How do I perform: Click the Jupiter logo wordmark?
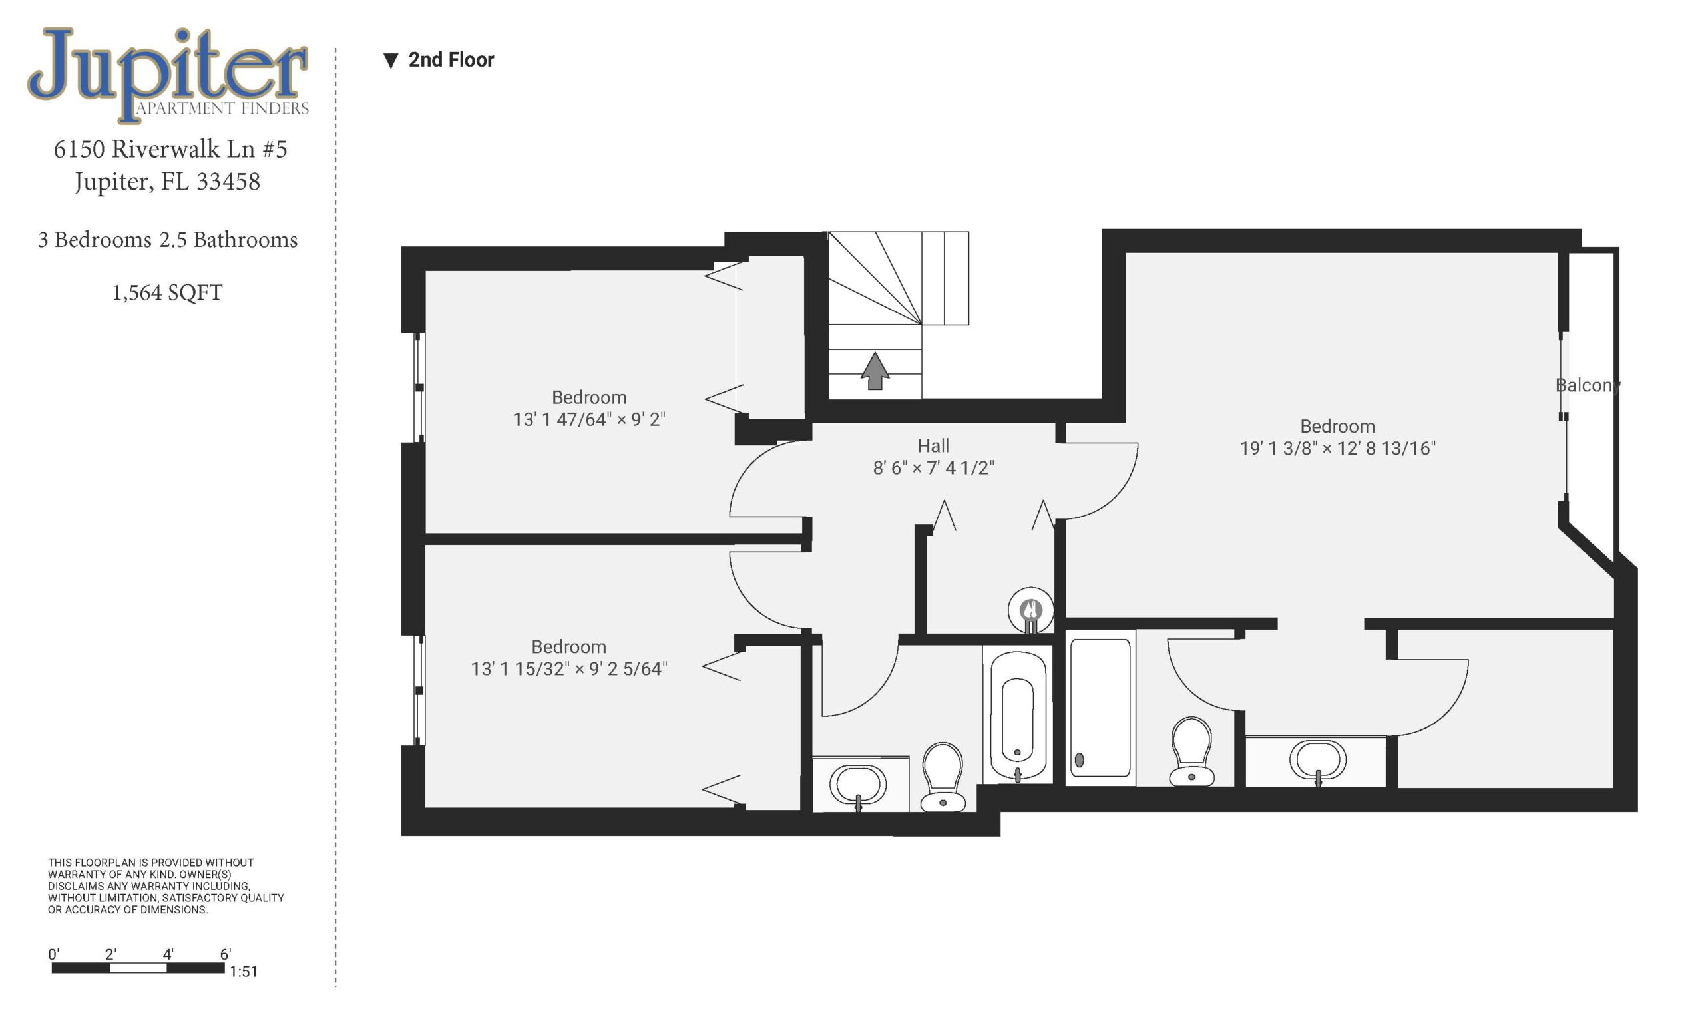click(x=168, y=75)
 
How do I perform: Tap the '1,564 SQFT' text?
click(x=167, y=293)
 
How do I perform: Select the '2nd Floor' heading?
click(x=451, y=60)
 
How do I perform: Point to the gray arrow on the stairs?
click(x=875, y=371)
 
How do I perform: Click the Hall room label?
click(x=933, y=446)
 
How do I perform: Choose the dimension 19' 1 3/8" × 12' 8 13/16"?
click(x=1337, y=449)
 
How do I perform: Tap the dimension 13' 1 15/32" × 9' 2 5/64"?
click(x=568, y=668)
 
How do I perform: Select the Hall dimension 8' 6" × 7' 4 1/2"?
click(x=933, y=468)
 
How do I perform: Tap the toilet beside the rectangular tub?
click(x=1191, y=751)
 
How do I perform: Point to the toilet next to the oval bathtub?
click(x=943, y=777)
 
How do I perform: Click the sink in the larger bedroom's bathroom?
click(x=1317, y=761)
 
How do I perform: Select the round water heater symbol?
click(x=1030, y=610)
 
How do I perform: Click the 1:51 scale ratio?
click(x=244, y=972)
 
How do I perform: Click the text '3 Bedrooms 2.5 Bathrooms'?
click(x=167, y=240)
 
